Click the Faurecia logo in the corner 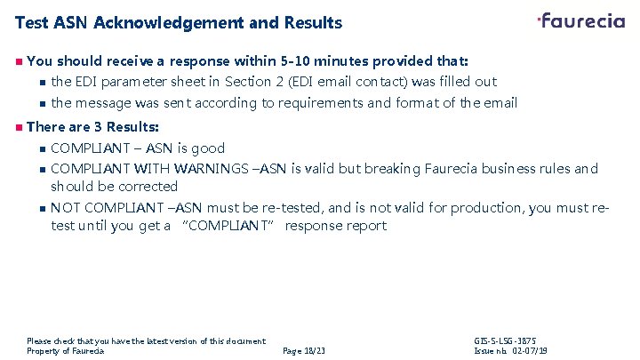coord(581,20)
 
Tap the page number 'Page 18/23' coord(303,351)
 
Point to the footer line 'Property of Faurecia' coord(66,351)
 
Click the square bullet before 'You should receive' coord(18,61)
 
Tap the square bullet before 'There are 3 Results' coord(18,127)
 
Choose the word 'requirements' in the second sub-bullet coord(320,103)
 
